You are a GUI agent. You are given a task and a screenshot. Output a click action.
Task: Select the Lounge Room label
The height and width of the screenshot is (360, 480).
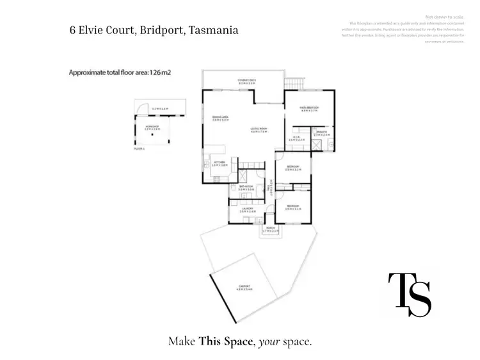click(259, 130)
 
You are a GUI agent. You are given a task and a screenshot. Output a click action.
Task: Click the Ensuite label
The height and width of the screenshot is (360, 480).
click(321, 133)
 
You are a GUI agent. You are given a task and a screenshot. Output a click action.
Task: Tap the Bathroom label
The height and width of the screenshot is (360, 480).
click(246, 188)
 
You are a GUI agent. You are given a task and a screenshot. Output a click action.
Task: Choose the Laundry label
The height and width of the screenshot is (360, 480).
click(247, 208)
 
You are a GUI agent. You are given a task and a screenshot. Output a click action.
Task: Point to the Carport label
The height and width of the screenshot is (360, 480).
click(244, 287)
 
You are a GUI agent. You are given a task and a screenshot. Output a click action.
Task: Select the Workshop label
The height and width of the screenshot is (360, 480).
click(152, 127)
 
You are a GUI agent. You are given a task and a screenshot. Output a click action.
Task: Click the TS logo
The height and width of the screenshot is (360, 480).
click(410, 294)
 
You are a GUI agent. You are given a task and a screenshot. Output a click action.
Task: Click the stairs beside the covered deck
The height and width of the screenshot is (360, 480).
click(292, 84)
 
